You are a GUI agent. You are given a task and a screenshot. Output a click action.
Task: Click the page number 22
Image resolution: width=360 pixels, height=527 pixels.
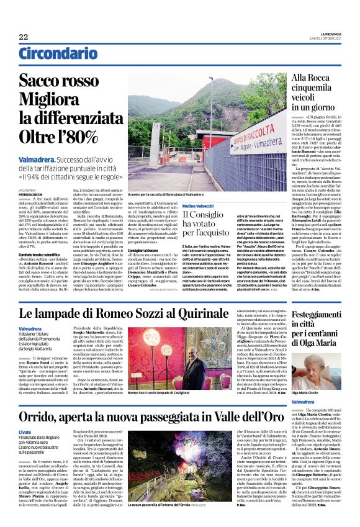23,37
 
